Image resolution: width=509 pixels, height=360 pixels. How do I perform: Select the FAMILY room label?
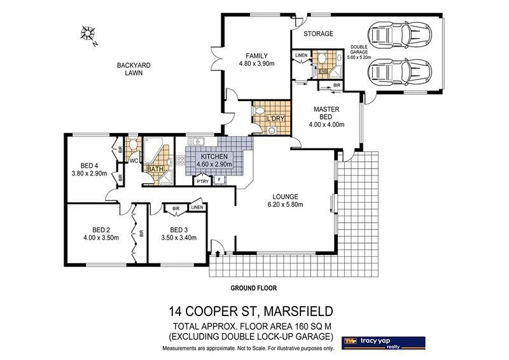(x=256, y=55)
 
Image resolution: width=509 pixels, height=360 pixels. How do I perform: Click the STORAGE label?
(x=317, y=34)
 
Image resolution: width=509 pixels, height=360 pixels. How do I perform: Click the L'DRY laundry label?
(x=275, y=119)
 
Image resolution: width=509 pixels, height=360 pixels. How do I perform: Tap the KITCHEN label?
(x=215, y=157)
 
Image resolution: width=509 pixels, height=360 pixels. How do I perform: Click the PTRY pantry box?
(x=202, y=181)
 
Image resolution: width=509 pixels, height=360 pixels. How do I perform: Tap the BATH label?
(x=155, y=169)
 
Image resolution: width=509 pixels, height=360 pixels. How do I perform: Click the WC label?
(x=134, y=161)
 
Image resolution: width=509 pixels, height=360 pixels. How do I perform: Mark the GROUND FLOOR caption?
(x=253, y=288)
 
